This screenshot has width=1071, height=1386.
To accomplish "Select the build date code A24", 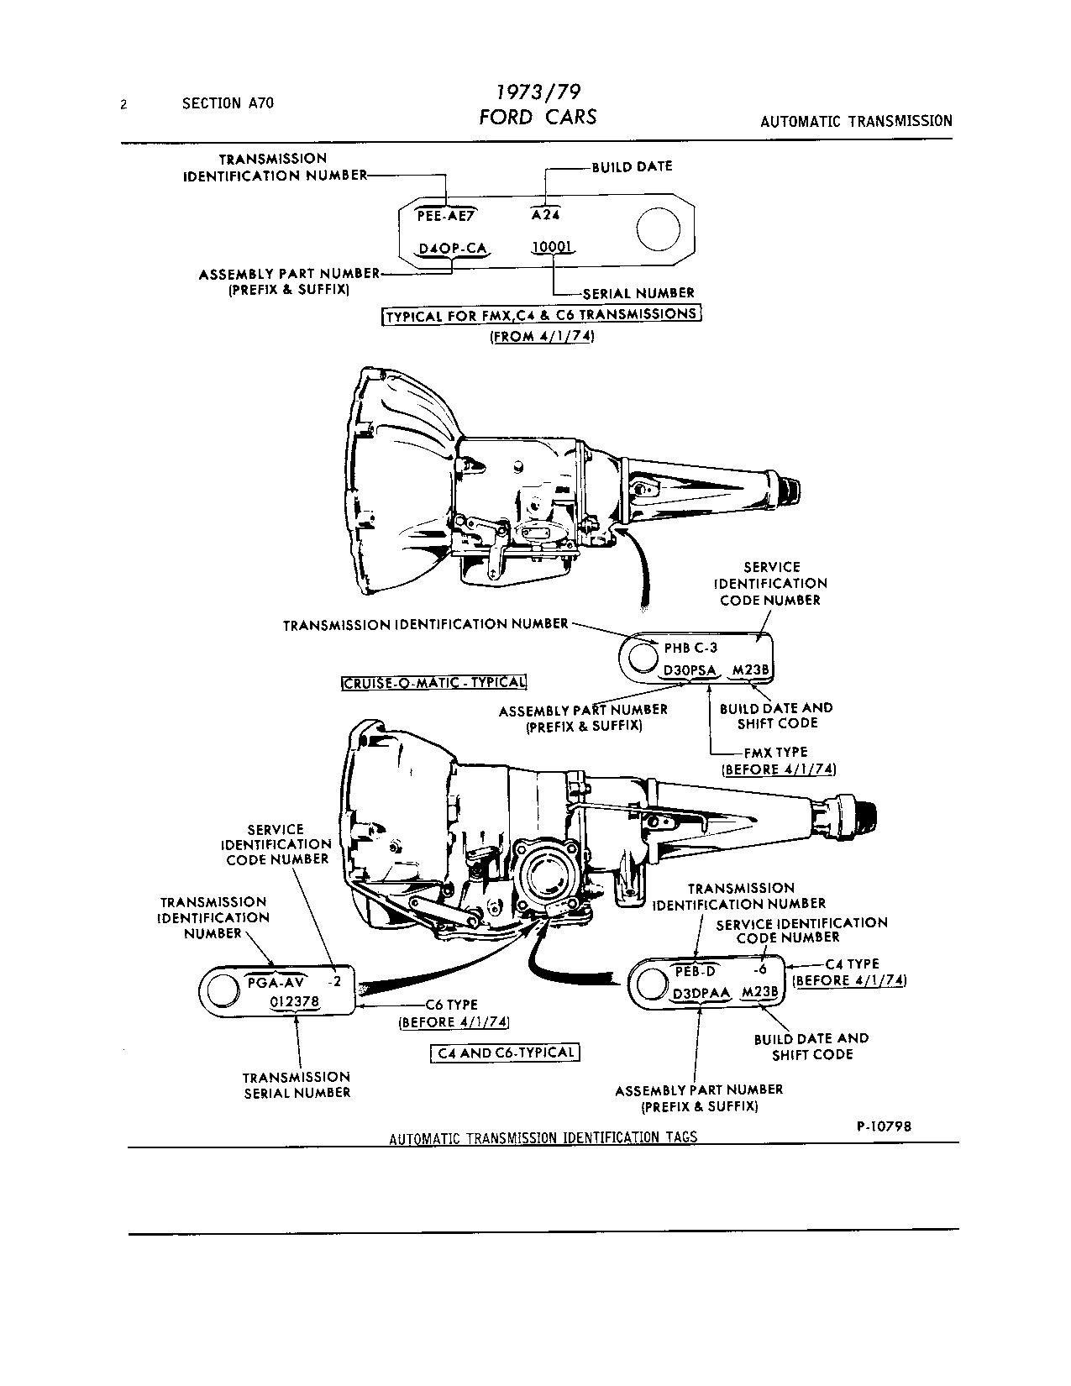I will pos(545,214).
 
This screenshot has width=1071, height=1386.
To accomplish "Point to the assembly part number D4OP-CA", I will pos(453,249).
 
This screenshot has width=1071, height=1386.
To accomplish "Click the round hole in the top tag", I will pos(658,228).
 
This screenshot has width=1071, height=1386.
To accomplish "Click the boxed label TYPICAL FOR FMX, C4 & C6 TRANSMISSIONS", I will pos(541,315).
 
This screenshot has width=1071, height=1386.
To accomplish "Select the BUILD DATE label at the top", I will pos(632,166).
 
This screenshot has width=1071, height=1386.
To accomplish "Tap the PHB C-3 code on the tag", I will pos(690,648).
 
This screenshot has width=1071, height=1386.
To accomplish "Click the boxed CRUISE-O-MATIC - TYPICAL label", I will pos(434,682).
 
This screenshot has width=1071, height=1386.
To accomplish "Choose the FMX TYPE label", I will pos(775,752).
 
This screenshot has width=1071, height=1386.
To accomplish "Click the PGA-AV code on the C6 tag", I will pos(277,981).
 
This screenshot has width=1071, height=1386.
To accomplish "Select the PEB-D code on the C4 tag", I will pos(696,971).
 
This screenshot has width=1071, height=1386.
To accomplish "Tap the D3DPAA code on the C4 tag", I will pos(701,993).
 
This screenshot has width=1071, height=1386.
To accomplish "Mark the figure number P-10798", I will pos(884,1126).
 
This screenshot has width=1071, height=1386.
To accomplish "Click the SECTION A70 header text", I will pos(228,103).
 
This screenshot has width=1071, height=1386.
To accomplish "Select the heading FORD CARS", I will pos(538,117).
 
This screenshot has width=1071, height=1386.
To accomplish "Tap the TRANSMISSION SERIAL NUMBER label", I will pos(297,1084).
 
